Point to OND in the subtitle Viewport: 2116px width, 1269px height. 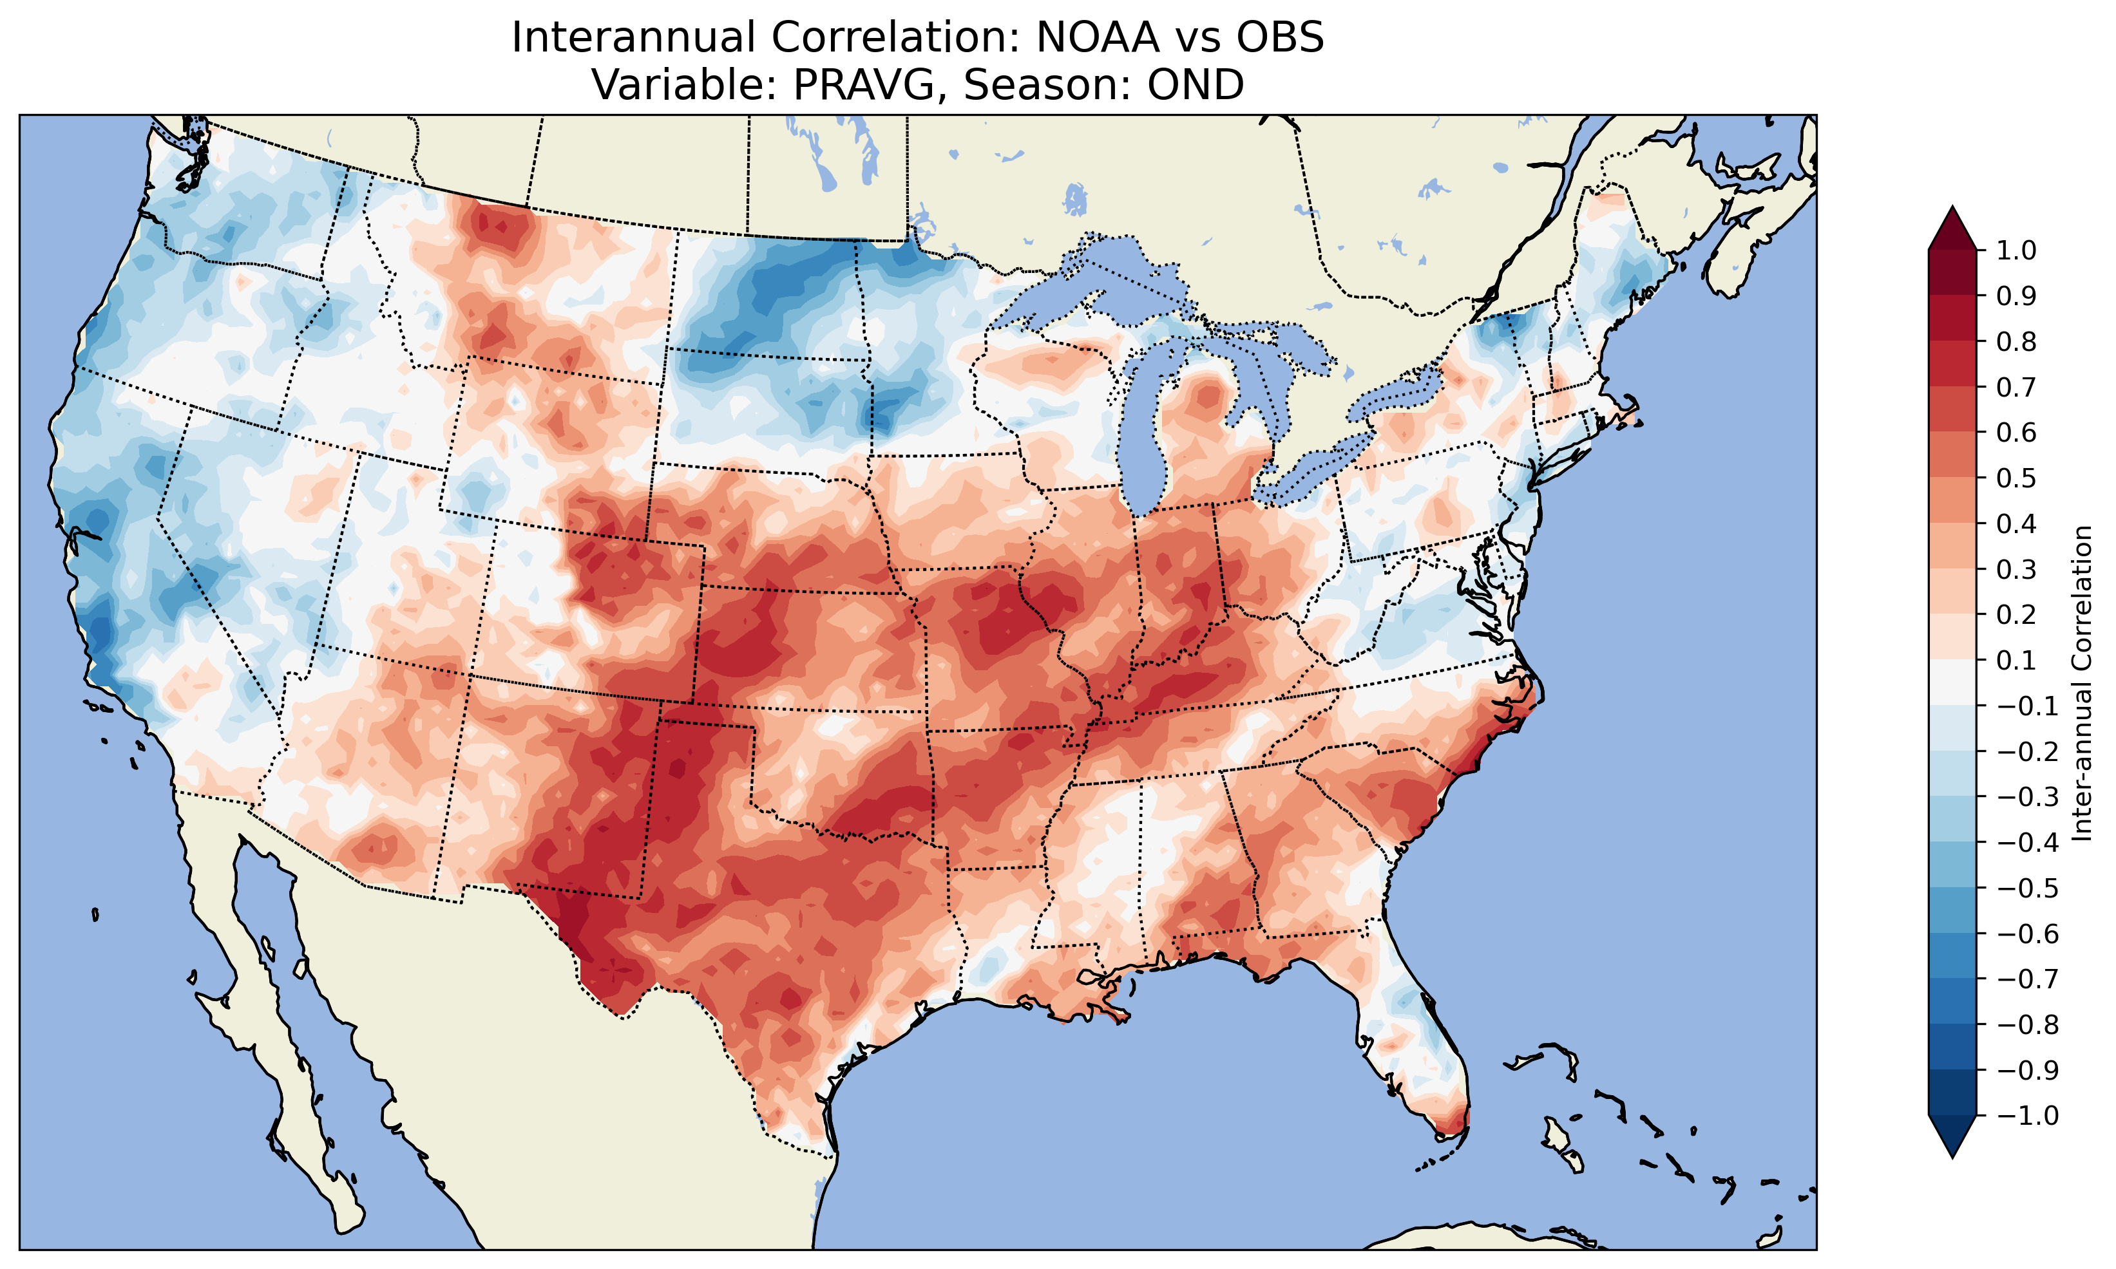[1196, 84]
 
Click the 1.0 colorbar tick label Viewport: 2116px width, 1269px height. [2017, 251]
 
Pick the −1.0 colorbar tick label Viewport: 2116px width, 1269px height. [2027, 1116]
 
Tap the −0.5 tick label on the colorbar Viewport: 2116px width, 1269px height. [2027, 888]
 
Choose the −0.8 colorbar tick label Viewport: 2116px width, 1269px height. [2027, 1024]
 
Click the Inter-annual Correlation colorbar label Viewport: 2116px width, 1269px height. [2083, 683]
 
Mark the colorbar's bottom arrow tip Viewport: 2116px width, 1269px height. [1952, 1157]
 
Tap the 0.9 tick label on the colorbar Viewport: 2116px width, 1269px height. [2017, 297]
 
